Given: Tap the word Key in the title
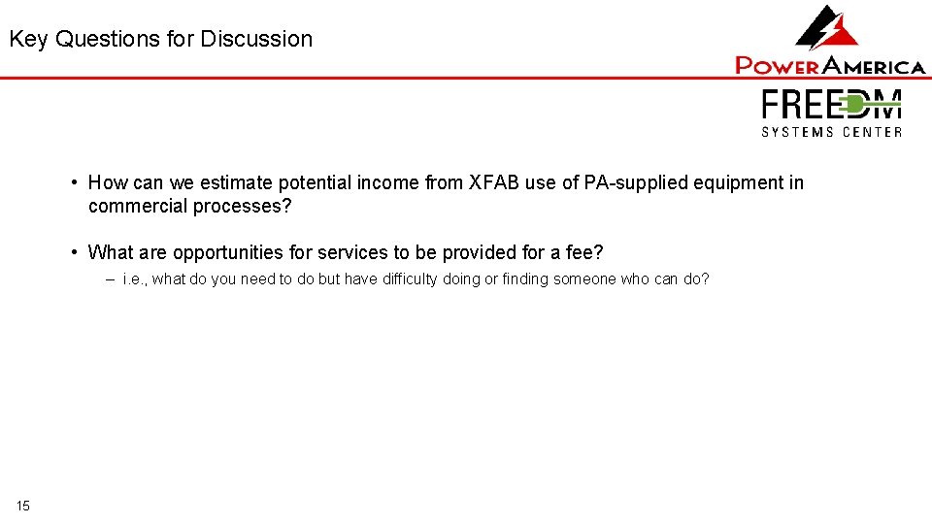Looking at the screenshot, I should tap(29, 40).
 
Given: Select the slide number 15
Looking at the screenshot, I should tap(23, 506).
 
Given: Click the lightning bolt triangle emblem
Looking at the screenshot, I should tap(828, 28).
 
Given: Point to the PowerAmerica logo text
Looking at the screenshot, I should tap(830, 66).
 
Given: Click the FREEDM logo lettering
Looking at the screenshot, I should tap(832, 105).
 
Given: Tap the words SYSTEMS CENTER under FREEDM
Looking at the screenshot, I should tap(832, 132).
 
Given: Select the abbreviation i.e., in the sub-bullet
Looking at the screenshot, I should tap(135, 279).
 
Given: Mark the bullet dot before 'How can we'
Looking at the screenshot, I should tap(75, 182).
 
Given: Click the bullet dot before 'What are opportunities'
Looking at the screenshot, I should tap(75, 252).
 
